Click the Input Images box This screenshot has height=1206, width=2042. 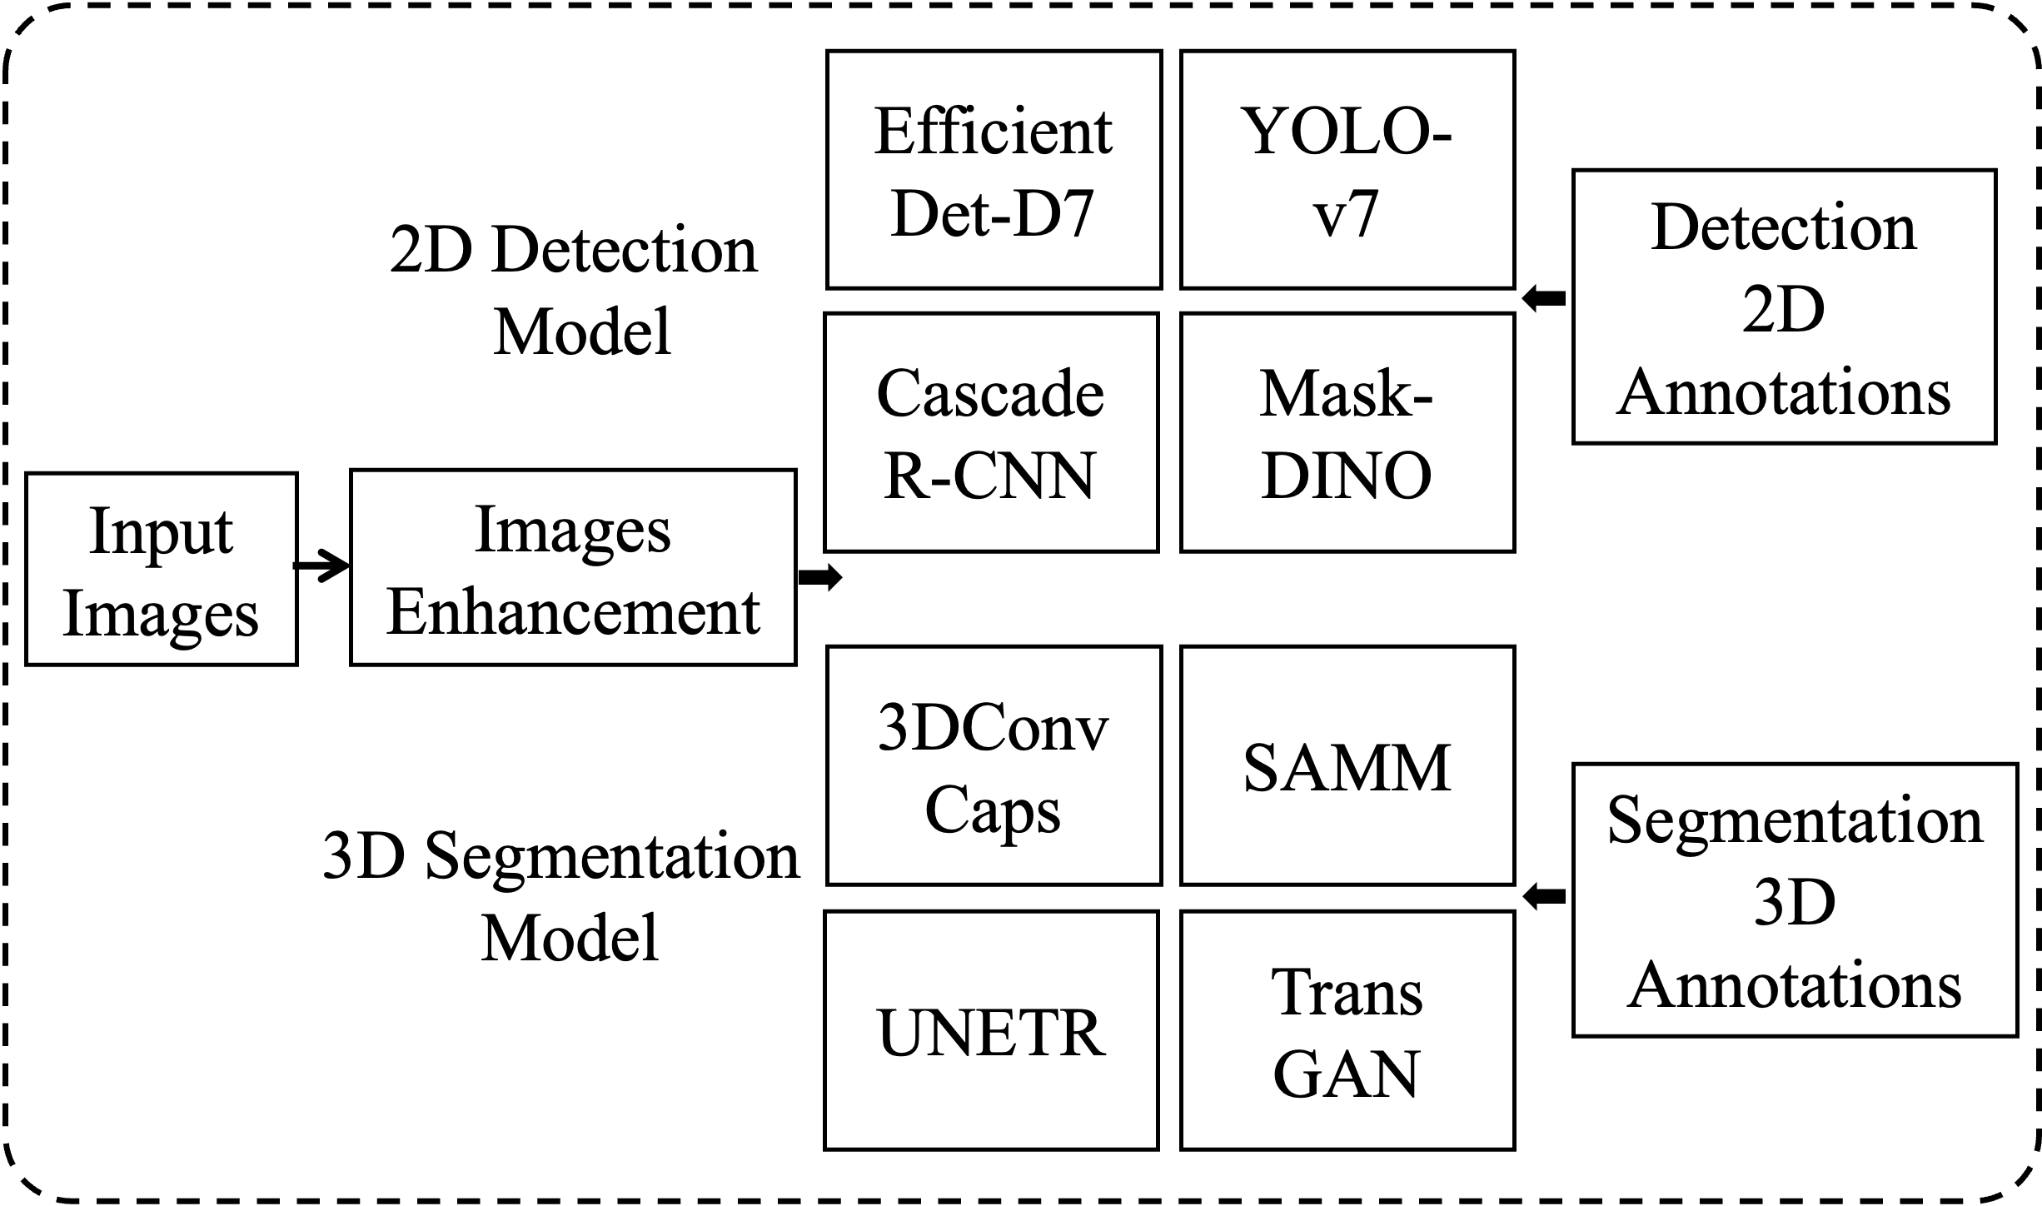click(x=161, y=570)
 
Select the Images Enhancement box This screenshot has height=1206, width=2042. click(x=573, y=568)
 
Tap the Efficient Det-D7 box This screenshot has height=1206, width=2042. click(x=994, y=170)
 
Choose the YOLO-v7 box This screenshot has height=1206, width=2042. click(x=1347, y=170)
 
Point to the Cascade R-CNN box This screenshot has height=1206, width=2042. click(x=991, y=432)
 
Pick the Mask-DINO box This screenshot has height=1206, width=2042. click(x=1347, y=432)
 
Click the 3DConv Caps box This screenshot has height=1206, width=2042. click(x=994, y=765)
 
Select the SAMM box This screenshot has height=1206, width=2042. click(x=1347, y=765)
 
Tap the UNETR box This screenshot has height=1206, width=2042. click(x=991, y=1030)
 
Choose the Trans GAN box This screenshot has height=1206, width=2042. click(x=1347, y=1030)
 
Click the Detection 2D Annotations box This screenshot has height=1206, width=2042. click(x=1784, y=306)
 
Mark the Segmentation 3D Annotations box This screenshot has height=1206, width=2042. click(x=1795, y=900)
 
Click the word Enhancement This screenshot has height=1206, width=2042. click(x=573, y=612)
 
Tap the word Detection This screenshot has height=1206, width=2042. click(x=1784, y=227)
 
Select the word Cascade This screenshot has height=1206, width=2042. click(x=990, y=394)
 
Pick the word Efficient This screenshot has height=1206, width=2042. click(x=993, y=132)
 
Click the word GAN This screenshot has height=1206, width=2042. click(x=1346, y=1074)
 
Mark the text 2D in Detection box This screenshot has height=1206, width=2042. click(x=1784, y=310)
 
